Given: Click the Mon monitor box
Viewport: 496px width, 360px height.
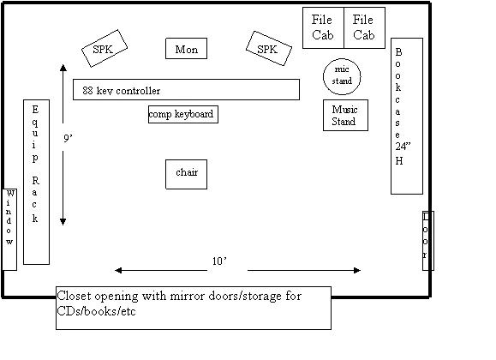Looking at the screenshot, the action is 186,49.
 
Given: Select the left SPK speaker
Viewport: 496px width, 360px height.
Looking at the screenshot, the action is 105,49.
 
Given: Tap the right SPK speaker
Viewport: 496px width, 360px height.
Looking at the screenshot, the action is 269,49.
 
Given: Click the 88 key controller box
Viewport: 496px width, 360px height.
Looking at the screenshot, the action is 186,90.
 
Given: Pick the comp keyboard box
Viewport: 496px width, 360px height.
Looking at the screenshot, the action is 183,114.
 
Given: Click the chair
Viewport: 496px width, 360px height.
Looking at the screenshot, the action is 186,175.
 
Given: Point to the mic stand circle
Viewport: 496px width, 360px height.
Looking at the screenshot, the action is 342,76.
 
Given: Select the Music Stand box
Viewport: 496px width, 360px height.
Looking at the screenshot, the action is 345,115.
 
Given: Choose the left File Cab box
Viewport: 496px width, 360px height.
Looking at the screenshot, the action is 323,28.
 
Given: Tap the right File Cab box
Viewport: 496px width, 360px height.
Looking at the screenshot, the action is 364,28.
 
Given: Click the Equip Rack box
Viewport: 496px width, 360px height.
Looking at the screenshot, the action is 36,182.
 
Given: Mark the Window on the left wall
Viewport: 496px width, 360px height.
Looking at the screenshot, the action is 9,230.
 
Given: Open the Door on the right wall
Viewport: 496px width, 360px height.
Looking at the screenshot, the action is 428,241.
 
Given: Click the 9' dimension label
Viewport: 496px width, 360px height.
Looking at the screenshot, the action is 68,138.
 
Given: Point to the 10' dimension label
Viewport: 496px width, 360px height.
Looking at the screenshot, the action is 219,261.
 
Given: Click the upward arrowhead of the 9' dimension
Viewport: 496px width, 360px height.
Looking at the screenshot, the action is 63,68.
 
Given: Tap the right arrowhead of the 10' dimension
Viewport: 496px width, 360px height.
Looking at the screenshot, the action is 357,270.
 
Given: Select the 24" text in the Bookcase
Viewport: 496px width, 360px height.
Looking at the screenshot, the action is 403,147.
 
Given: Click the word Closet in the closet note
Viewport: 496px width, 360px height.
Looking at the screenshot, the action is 74,296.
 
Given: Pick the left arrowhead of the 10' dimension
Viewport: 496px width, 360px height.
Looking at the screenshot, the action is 118,270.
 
